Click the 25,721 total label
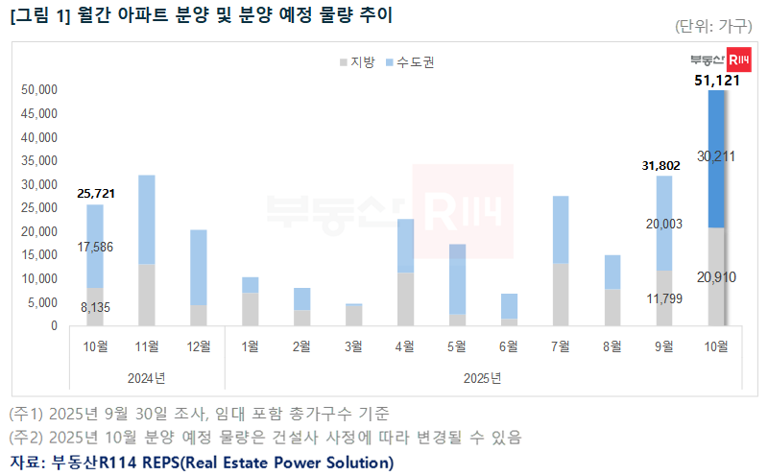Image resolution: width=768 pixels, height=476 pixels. point(96,194)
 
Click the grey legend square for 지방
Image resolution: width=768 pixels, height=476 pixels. point(343,62)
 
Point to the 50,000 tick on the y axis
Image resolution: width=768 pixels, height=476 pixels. point(39,90)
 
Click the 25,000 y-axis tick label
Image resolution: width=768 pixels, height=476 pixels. point(39,208)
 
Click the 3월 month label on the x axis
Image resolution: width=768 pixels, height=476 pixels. point(353,346)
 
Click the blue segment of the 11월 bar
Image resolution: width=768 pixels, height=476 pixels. point(147,220)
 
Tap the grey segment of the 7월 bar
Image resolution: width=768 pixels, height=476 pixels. point(561,295)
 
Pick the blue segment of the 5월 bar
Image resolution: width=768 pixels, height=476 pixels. point(457,278)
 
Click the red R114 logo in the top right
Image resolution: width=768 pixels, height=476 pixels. point(739,59)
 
